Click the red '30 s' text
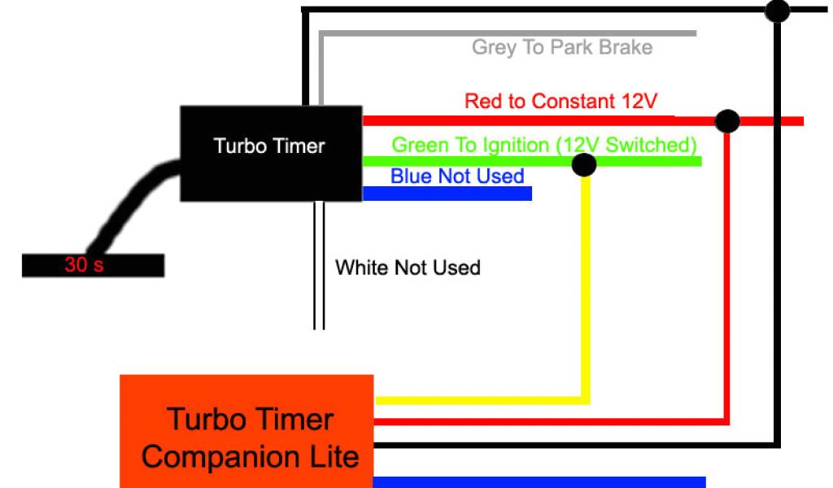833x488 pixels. (84, 265)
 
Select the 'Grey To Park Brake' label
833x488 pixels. (561, 47)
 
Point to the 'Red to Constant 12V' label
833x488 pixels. (560, 102)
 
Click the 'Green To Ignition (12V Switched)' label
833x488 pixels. (544, 146)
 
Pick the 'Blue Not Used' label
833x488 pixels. (457, 176)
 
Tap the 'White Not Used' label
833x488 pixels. (408, 268)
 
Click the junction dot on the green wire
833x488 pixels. (584, 165)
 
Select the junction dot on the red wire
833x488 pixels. (727, 121)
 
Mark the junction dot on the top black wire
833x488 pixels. (778, 11)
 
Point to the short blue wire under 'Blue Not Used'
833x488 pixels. (447, 194)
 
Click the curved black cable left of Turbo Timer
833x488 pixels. (130, 203)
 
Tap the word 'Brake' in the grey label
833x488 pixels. (626, 47)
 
